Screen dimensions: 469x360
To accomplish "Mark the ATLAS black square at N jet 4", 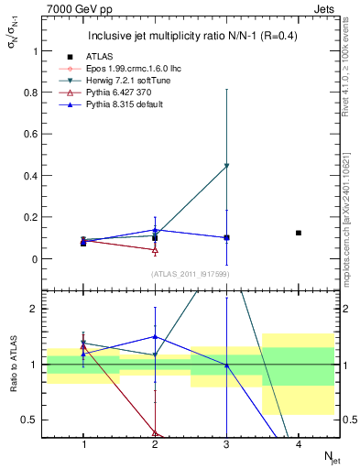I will pyautogui.click(x=299, y=233).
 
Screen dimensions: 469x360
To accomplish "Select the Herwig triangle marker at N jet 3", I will pyautogui.click(x=226, y=166).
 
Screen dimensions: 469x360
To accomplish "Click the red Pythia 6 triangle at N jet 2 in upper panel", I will pyautogui.click(x=155, y=249).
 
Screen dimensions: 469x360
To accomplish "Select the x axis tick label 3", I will pyautogui.click(x=226, y=444).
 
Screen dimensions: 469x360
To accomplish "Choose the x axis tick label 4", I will pyautogui.click(x=299, y=444).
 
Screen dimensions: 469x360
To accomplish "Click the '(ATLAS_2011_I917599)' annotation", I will pyautogui.click(x=190, y=273).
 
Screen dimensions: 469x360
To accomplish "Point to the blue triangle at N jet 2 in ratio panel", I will pyautogui.click(x=155, y=337).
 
